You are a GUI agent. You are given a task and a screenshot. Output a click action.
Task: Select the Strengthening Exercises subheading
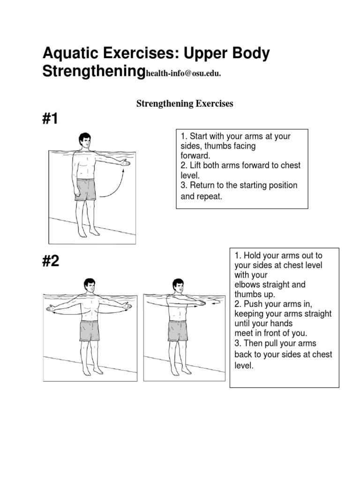click(185, 104)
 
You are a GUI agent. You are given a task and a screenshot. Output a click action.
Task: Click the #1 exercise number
click(51, 119)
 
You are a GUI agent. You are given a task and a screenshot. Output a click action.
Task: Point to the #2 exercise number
click(51, 261)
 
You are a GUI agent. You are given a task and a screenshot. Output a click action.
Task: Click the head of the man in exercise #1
click(84, 140)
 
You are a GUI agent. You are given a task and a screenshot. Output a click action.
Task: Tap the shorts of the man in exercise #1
click(85, 189)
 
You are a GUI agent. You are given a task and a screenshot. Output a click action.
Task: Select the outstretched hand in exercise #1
click(124, 163)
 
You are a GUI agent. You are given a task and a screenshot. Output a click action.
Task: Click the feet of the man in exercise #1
click(88, 232)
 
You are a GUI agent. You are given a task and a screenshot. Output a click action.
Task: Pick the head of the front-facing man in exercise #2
click(89, 286)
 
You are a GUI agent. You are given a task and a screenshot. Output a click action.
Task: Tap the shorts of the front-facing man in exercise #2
click(89, 330)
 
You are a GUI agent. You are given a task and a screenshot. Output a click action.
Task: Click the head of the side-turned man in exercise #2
click(177, 286)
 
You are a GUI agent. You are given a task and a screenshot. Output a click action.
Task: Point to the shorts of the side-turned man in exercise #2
click(178, 330)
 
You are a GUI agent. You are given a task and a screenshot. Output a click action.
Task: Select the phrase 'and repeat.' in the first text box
click(202, 196)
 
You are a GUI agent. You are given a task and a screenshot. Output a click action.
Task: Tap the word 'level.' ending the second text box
click(244, 366)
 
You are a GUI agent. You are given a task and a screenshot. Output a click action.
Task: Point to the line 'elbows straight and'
click(270, 285)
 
